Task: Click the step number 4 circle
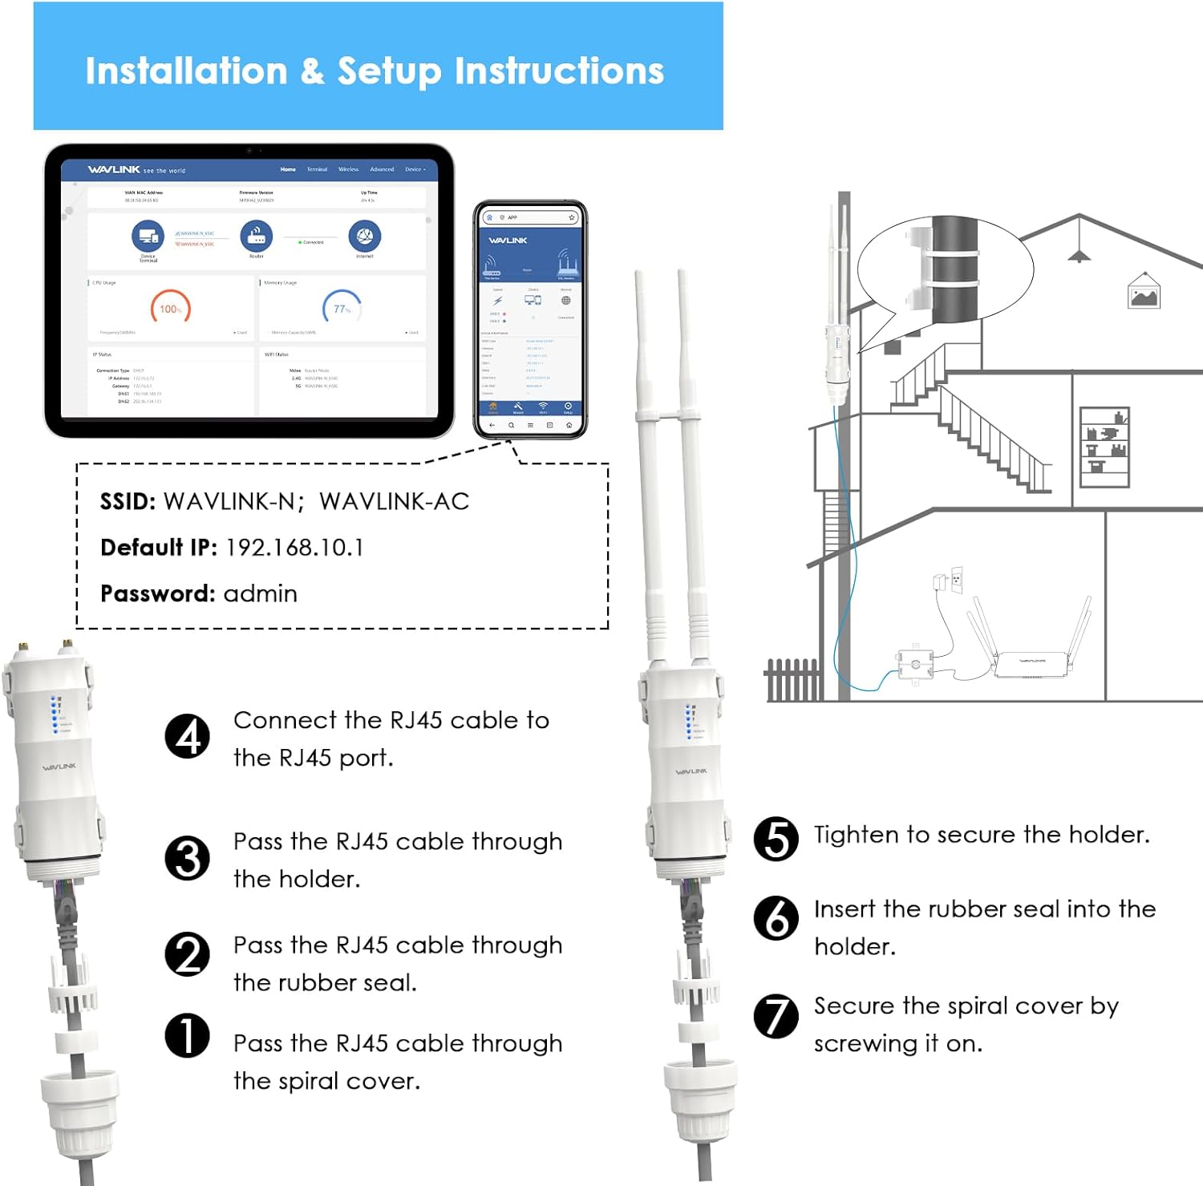pyautogui.click(x=188, y=737)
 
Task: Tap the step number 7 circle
pyautogui.click(x=776, y=1016)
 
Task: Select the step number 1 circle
pyautogui.click(x=187, y=1035)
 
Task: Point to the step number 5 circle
pyautogui.click(x=776, y=839)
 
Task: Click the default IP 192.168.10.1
pyautogui.click(x=294, y=548)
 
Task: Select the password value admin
pyautogui.click(x=260, y=594)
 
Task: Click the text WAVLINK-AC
pyautogui.click(x=394, y=502)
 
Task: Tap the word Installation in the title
pyautogui.click(x=186, y=71)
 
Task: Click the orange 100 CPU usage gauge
pyautogui.click(x=170, y=309)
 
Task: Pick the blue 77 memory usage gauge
pyautogui.click(x=342, y=309)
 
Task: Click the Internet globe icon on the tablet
pyautogui.click(x=365, y=237)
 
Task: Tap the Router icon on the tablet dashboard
pyautogui.click(x=257, y=237)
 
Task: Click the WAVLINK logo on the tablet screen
pyautogui.click(x=114, y=170)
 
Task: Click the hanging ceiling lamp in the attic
pyautogui.click(x=1079, y=254)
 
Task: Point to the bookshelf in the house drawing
pyautogui.click(x=1104, y=447)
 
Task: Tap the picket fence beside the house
pyautogui.click(x=792, y=681)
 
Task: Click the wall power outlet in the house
pyautogui.click(x=956, y=579)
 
